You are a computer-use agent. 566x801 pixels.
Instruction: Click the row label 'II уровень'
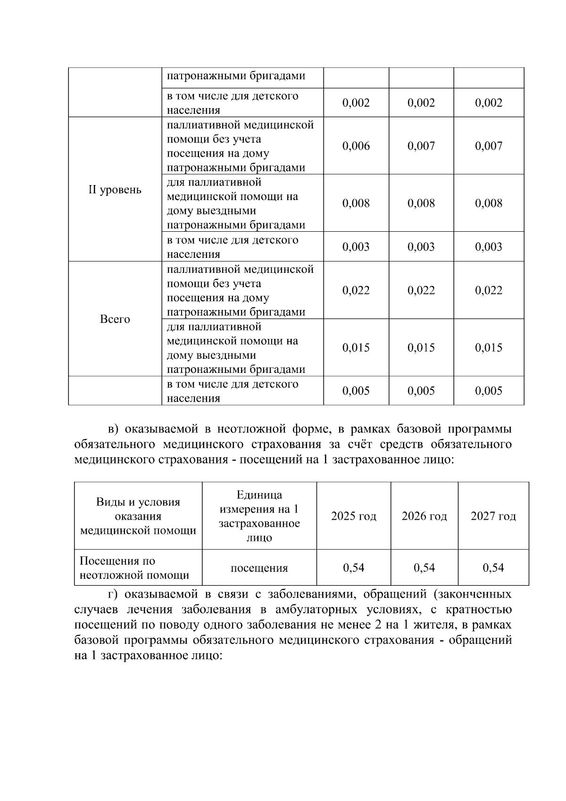click(x=115, y=190)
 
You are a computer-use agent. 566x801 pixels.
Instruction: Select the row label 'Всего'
click(x=115, y=319)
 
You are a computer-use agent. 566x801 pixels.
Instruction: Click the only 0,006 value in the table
click(x=356, y=146)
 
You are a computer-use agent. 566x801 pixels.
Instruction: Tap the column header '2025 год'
click(x=354, y=516)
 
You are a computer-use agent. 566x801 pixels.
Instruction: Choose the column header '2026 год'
click(x=424, y=516)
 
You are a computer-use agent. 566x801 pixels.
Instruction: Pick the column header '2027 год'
click(x=493, y=516)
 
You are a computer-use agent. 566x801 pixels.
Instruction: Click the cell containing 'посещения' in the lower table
click(x=259, y=568)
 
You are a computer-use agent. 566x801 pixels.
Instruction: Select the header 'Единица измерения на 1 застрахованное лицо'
click(x=259, y=516)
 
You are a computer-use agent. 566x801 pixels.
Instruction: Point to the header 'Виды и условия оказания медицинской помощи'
click(x=138, y=516)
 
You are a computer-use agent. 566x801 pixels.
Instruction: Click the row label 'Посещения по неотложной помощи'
click(x=134, y=568)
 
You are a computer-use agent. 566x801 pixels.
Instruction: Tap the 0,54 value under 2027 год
click(x=493, y=567)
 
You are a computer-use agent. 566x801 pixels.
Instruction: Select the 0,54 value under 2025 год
click(x=354, y=567)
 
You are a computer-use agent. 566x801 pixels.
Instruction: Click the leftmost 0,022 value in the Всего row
click(x=356, y=290)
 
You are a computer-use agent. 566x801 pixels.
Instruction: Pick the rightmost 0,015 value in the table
click(x=489, y=348)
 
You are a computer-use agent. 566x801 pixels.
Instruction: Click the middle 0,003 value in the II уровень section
click(x=421, y=247)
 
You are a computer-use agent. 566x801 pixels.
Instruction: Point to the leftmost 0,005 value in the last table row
click(x=356, y=391)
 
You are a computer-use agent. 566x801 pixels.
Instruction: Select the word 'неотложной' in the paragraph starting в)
click(x=245, y=430)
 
